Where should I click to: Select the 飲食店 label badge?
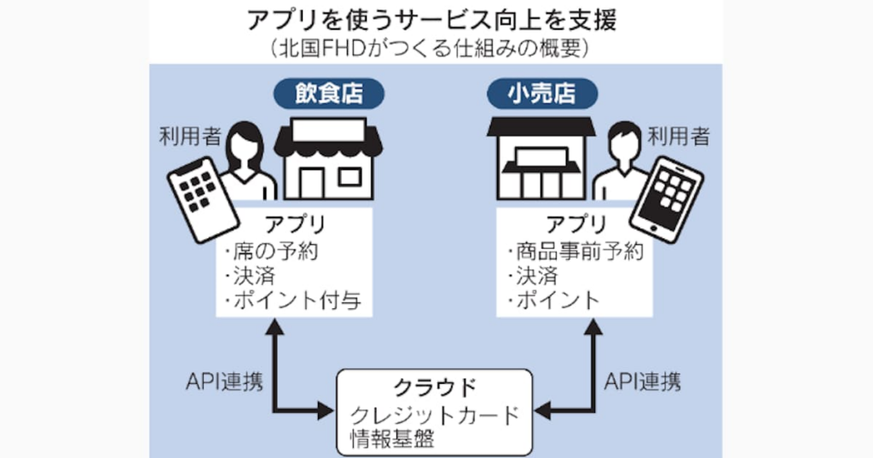tap(327, 93)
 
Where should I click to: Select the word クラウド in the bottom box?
tap(436, 387)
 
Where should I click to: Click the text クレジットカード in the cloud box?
tap(436, 415)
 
